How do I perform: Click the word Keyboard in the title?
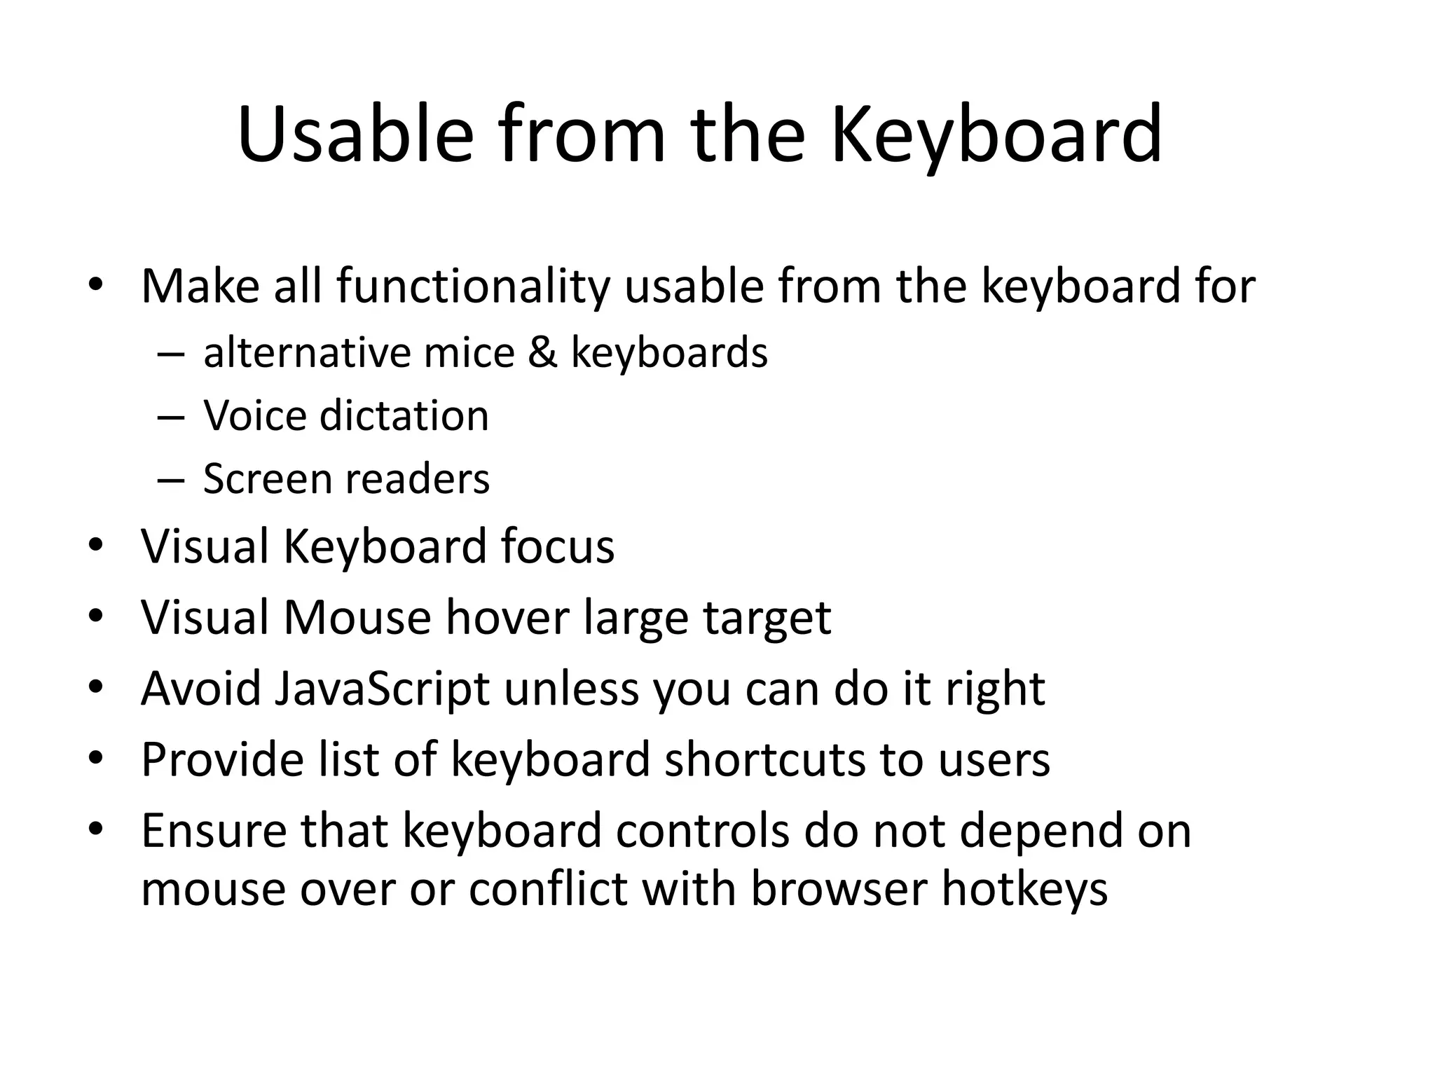point(996,134)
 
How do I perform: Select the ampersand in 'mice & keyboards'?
point(542,352)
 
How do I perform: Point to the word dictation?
point(404,416)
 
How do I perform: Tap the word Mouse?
point(357,618)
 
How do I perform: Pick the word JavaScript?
point(382,689)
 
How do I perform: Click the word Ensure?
point(214,831)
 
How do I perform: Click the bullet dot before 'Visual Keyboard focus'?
point(96,546)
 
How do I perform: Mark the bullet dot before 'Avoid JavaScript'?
point(96,688)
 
